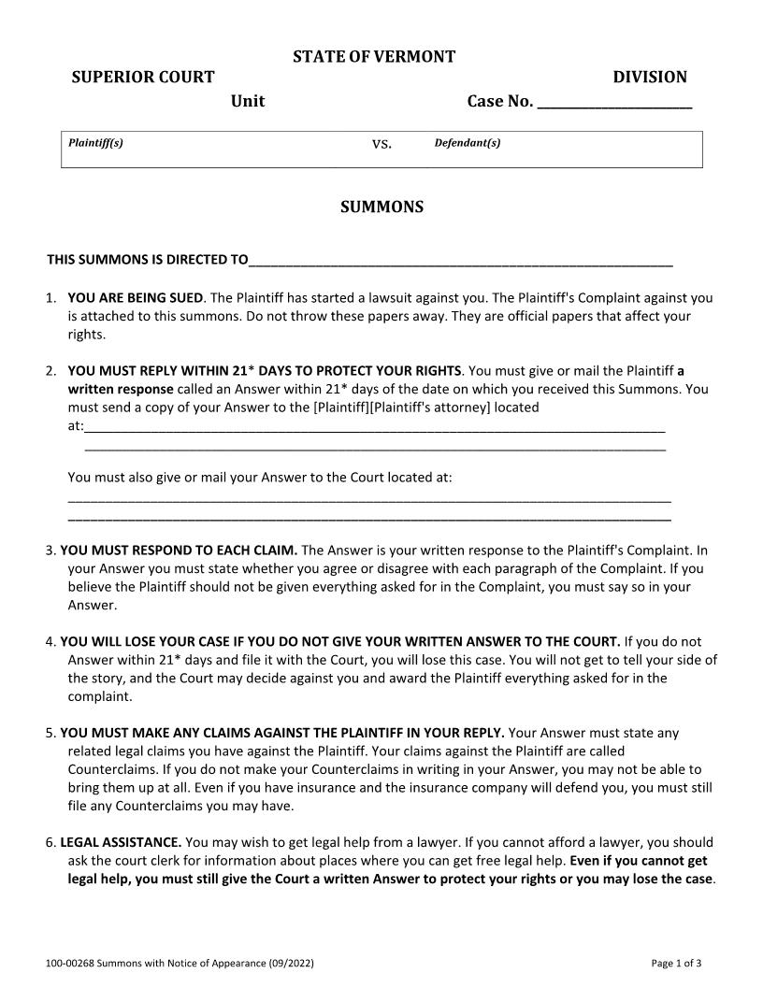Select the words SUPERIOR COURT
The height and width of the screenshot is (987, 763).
pyautogui.click(x=143, y=78)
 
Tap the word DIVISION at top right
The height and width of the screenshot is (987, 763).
pyautogui.click(x=650, y=78)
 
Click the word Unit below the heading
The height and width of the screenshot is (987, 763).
pyautogui.click(x=248, y=101)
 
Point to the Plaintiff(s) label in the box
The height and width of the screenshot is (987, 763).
pyautogui.click(x=96, y=143)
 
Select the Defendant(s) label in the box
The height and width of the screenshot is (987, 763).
pyautogui.click(x=468, y=143)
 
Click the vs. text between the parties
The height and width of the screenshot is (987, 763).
pyautogui.click(x=381, y=144)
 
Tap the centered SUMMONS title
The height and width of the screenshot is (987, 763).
pyautogui.click(x=381, y=207)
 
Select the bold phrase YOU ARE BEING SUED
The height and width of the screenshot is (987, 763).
pyautogui.click(x=136, y=298)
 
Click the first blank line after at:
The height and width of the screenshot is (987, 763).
pyautogui.click(x=374, y=429)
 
